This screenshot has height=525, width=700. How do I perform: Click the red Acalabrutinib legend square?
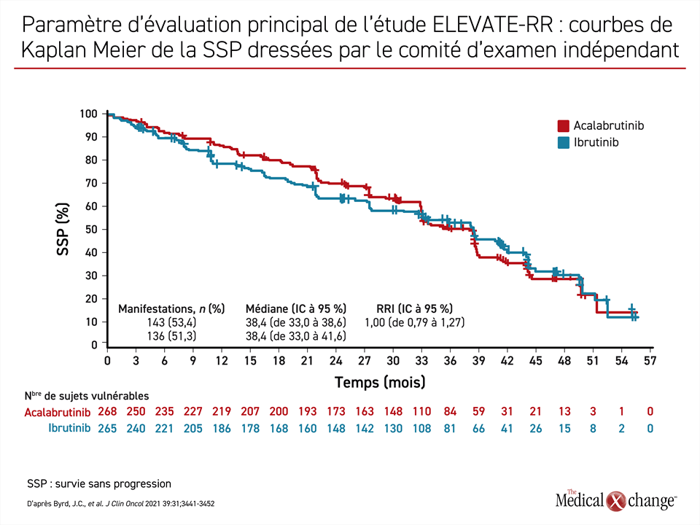tap(564, 126)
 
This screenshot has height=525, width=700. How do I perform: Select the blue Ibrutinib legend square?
tap(564, 142)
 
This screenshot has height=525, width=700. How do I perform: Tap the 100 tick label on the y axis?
tap(88, 114)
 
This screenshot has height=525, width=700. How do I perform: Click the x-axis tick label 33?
tap(421, 361)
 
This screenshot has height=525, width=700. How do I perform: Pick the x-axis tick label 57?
tap(650, 361)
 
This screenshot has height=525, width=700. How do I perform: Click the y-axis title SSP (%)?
tap(63, 229)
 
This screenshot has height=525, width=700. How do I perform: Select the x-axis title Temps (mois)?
tap(380, 383)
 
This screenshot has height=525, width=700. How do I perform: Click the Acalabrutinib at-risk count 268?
tap(107, 411)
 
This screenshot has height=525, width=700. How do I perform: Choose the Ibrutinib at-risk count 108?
tap(421, 429)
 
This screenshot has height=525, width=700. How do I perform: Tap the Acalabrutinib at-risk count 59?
tap(478, 411)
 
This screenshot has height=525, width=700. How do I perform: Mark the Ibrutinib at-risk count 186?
tap(222, 429)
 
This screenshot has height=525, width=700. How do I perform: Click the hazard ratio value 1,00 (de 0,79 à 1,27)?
tap(415, 322)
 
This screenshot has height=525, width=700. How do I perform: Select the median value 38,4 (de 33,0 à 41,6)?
tap(296, 335)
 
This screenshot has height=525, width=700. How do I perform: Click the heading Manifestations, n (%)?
tap(171, 309)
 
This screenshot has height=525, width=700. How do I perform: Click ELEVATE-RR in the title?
tap(492, 25)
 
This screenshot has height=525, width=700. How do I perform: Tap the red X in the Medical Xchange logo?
tap(615, 501)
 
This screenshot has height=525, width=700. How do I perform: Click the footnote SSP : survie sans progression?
tap(99, 484)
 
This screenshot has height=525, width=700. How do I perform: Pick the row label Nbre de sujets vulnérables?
tap(87, 395)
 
